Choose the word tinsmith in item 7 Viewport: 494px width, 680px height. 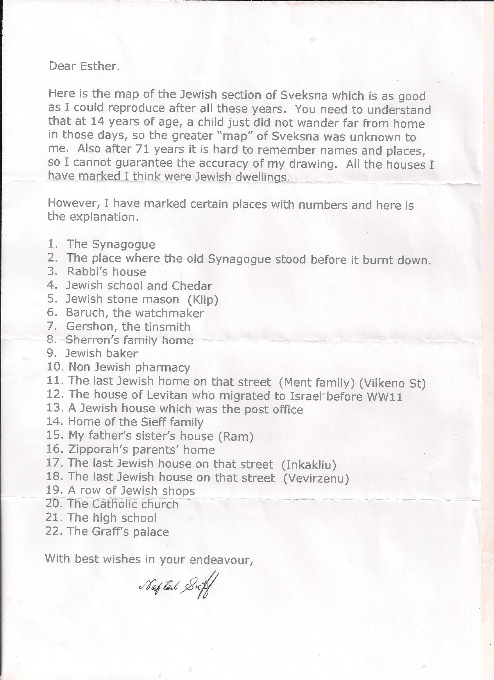click(x=156, y=327)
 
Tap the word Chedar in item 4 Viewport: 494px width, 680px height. click(x=192, y=286)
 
